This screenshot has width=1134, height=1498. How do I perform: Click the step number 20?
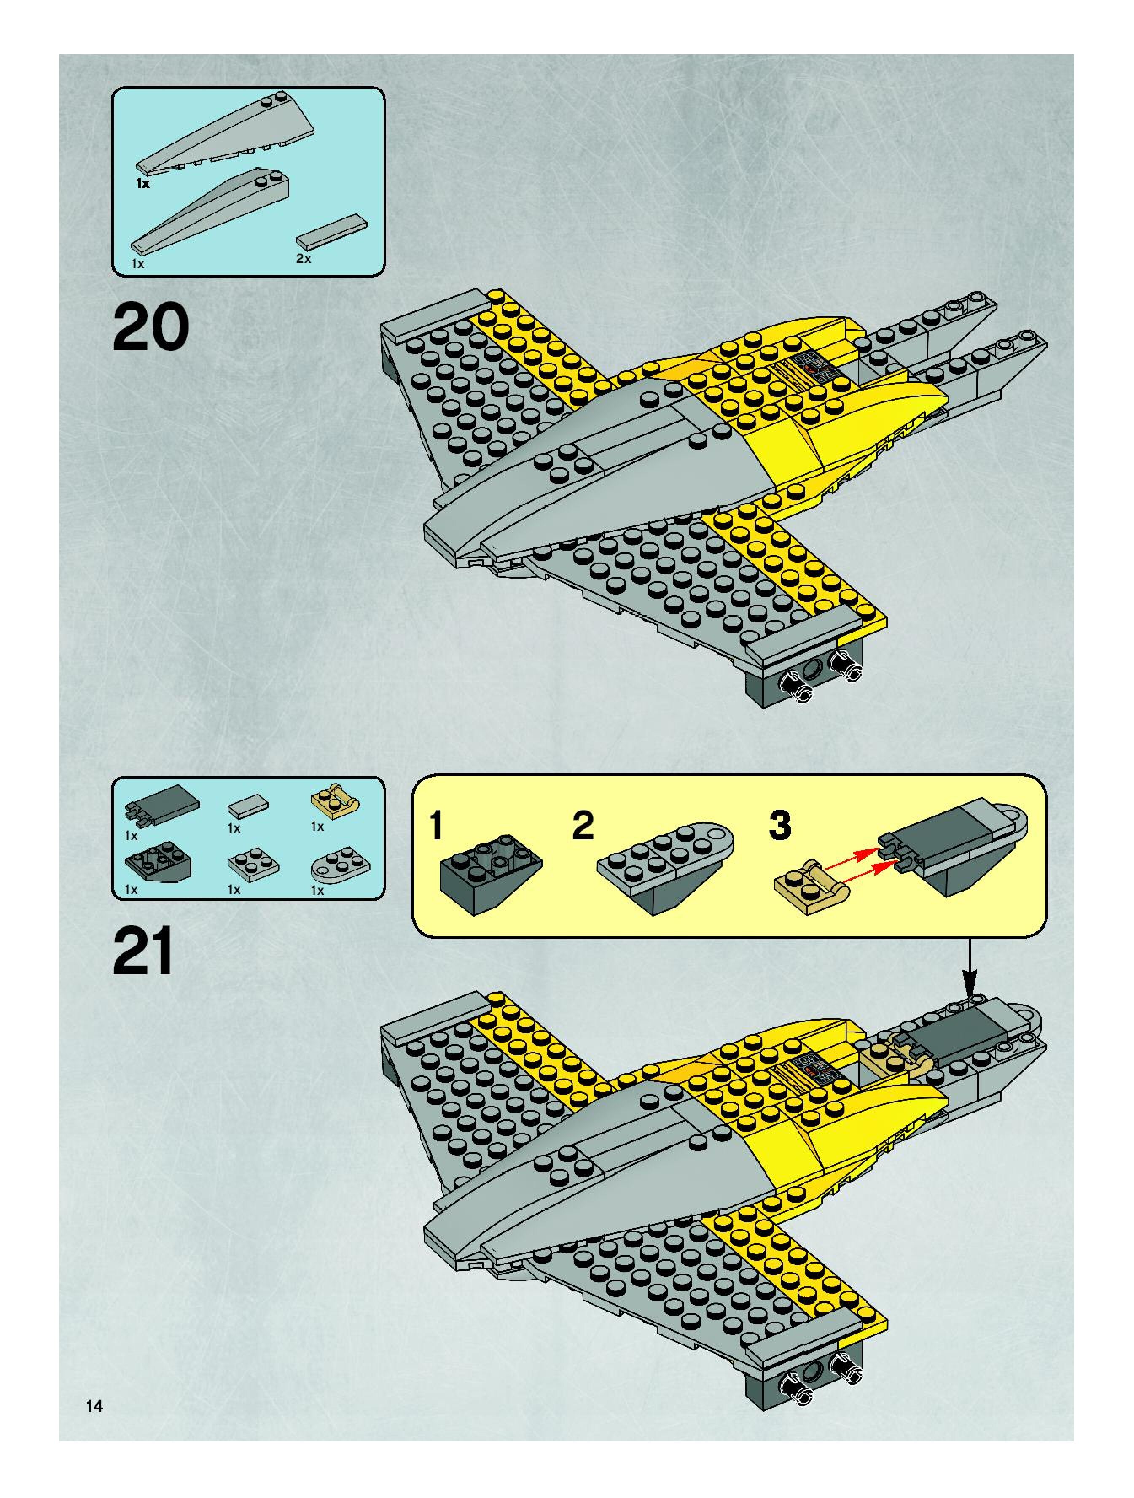(150, 327)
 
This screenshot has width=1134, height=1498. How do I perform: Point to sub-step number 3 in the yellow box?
(779, 825)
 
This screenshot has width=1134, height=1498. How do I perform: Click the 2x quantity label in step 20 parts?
(303, 259)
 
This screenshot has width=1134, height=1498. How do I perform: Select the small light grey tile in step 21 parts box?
(248, 805)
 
